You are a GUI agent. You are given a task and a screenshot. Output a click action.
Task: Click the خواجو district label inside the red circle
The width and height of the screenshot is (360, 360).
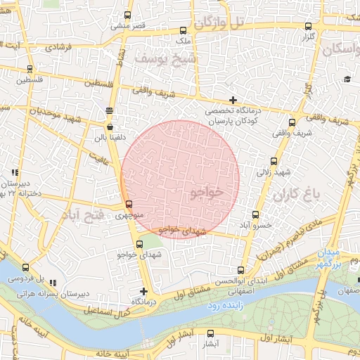coord(205,192)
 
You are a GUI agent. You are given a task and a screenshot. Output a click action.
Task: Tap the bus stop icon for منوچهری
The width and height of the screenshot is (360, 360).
coord(128,203)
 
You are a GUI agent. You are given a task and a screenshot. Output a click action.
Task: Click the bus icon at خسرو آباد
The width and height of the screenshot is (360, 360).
coord(255,215)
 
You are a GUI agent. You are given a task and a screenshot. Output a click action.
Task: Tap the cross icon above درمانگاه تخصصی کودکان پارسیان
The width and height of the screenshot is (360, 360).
coord(233,100)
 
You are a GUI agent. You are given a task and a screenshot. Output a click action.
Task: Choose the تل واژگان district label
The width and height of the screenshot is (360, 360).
coord(219,23)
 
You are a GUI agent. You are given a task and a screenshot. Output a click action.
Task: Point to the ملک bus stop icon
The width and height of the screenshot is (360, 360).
coord(184,30)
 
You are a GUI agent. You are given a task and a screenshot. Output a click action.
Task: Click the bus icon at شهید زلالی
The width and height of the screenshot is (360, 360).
coord(274,161)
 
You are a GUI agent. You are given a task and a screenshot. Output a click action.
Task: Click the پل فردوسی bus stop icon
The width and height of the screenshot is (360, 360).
coord(26,267)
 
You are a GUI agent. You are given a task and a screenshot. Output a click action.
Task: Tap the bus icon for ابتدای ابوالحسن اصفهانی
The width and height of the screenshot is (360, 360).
coord(241,270)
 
